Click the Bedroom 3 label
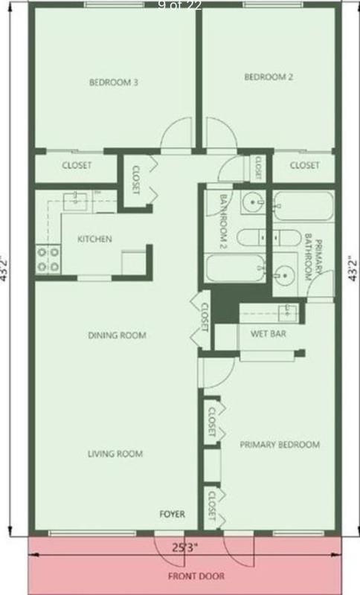(114, 83)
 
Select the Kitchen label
(95, 239)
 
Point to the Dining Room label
(117, 335)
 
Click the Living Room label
(115, 453)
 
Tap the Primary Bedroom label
(280, 445)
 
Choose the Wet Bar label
(271, 333)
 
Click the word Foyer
(173, 514)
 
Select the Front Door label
(196, 576)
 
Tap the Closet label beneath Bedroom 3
(77, 165)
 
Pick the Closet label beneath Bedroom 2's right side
(304, 165)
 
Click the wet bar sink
(287, 310)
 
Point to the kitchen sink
(75, 199)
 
